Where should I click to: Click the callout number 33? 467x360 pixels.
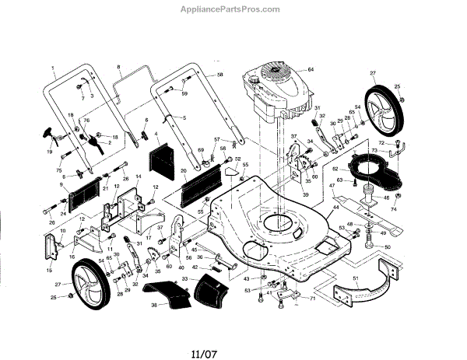point(184,278)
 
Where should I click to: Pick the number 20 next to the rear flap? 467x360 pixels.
point(184,170)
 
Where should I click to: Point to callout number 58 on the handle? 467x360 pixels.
point(219,74)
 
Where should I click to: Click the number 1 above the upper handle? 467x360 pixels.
point(55,68)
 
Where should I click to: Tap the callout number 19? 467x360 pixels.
point(51,152)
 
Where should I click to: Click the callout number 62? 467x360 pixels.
point(335,168)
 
